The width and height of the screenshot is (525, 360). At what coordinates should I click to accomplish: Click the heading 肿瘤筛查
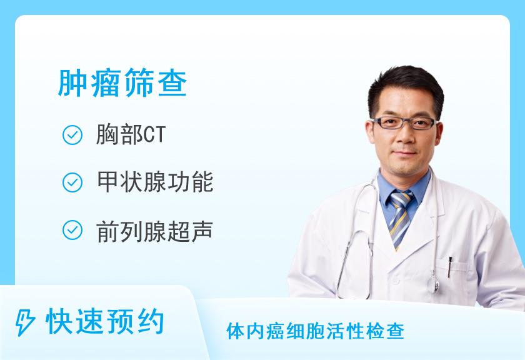coord(122,82)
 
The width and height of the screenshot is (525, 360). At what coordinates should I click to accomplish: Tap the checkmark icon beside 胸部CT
coord(72,135)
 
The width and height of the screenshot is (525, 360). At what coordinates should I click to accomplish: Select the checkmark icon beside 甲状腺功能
coord(72,182)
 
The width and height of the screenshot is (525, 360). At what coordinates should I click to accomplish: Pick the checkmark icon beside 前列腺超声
coord(72,230)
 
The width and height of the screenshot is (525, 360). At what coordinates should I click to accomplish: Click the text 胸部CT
coord(131,134)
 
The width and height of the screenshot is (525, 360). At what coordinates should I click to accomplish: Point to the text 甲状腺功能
coord(155,182)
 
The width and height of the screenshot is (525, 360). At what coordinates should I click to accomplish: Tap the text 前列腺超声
coord(155,231)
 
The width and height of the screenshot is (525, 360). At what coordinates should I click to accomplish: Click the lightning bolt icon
coord(25,322)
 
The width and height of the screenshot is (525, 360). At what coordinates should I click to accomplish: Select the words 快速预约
coord(105,321)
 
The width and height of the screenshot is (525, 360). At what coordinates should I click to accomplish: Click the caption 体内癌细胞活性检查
coord(316,331)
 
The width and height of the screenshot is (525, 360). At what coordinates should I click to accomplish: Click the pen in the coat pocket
coord(449,267)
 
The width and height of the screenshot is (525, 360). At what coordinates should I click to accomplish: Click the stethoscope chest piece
coord(435,283)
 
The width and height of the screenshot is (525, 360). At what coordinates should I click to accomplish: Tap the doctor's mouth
coord(404,154)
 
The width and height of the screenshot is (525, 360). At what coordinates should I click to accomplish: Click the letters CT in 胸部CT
coord(155,134)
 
